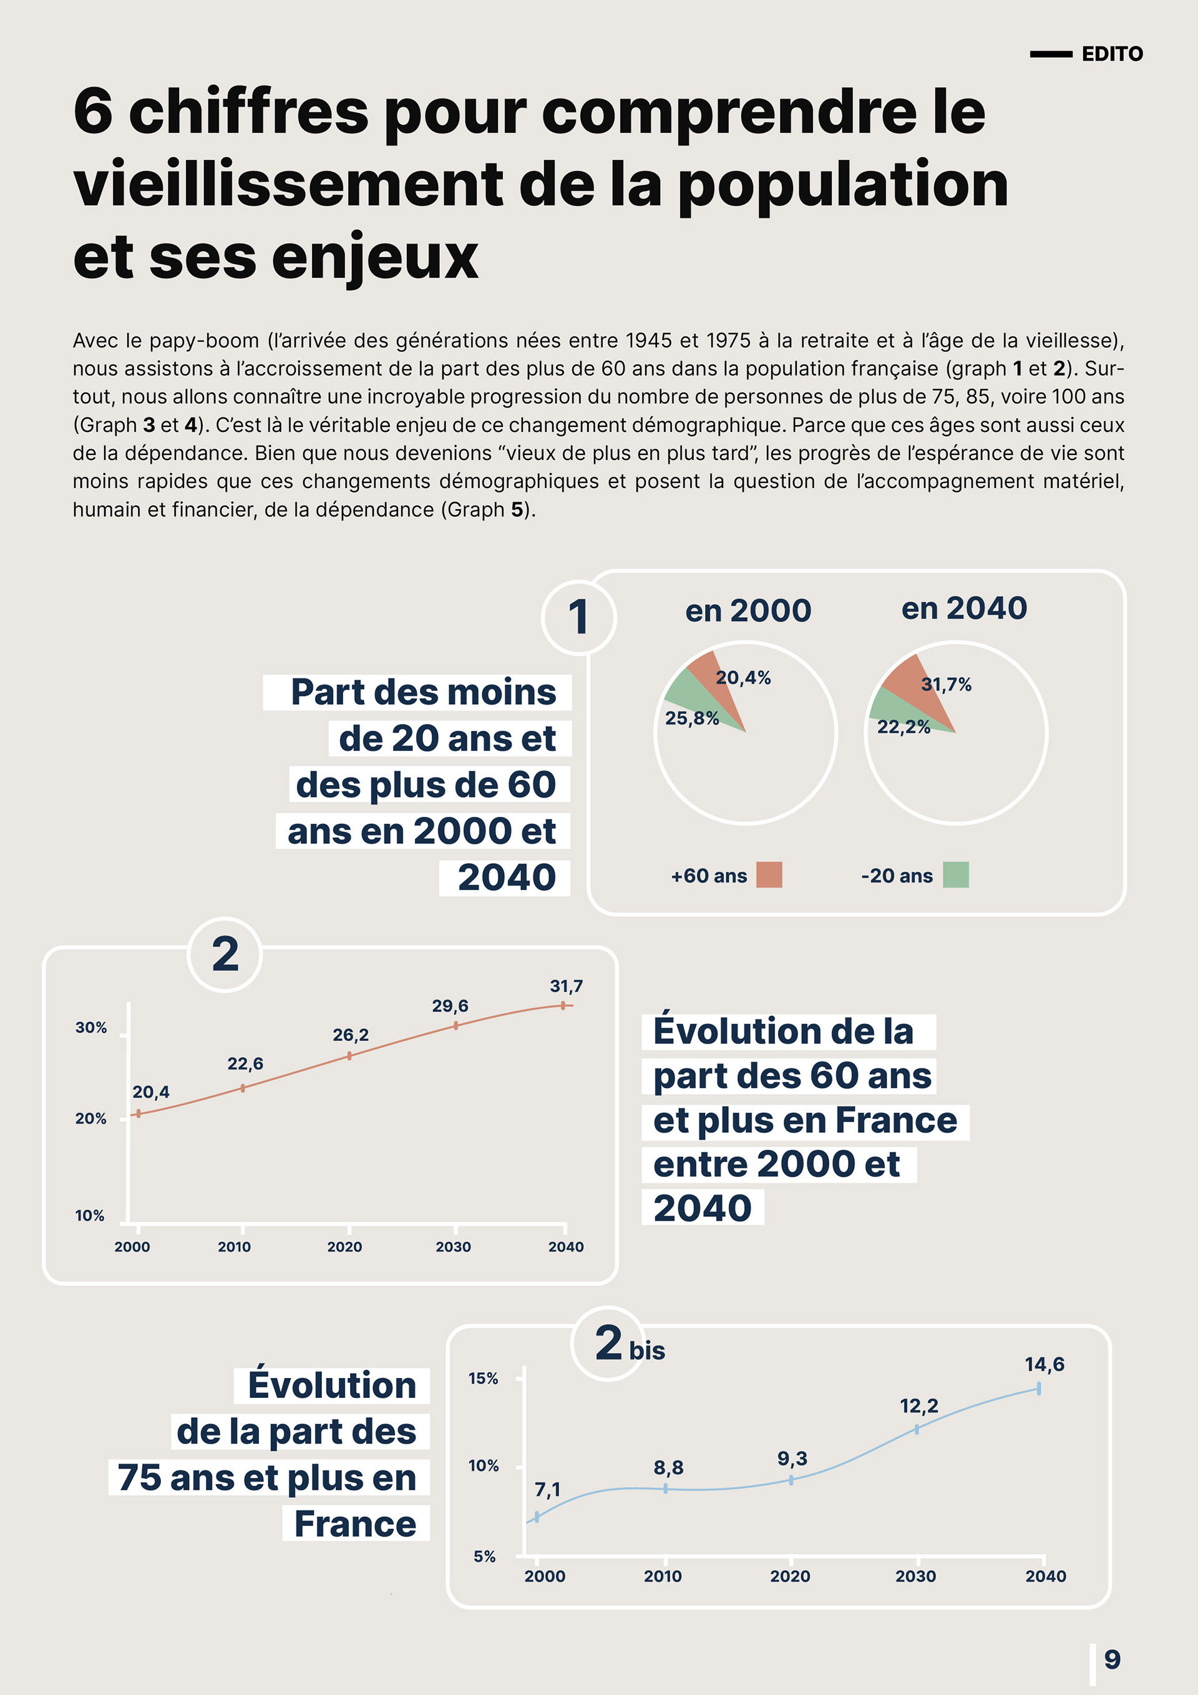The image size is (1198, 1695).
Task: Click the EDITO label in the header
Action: pos(1112,54)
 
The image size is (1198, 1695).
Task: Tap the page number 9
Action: pos(1112,1659)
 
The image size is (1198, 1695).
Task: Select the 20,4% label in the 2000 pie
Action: pos(743,678)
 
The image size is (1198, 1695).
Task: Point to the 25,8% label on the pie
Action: pos(691,718)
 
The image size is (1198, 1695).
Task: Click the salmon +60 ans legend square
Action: pos(768,875)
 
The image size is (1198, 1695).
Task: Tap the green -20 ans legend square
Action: pos(956,875)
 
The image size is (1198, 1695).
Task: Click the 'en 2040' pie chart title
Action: pos(964,608)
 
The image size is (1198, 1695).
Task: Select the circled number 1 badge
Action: pos(578,617)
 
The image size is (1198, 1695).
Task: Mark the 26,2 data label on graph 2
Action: pos(350,1035)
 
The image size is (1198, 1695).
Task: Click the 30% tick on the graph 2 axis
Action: pos(91,1028)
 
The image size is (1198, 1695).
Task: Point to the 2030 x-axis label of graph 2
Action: pos(452,1247)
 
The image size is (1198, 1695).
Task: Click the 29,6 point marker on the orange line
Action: pos(455,1025)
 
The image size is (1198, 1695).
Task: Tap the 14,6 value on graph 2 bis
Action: pos(1045,1364)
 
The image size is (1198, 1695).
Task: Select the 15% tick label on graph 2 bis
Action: pos(483,1379)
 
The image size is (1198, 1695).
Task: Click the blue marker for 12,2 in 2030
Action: pos(917,1429)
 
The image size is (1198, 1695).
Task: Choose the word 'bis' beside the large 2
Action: pos(646,1351)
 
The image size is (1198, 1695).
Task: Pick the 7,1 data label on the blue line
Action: pos(547,1490)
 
